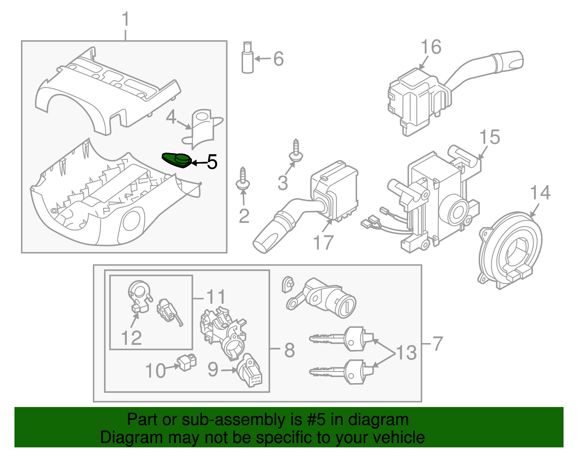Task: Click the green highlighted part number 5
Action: pos(177,160)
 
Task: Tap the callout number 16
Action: pos(431,47)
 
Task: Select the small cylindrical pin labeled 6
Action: pos(247,58)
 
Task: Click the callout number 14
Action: pos(540,193)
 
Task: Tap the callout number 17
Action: pos(323,243)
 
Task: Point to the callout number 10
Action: pos(155,371)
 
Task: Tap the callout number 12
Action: pos(131,338)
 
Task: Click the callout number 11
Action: pos(216,298)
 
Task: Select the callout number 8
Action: pos(289,350)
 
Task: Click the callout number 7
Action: pos(437,343)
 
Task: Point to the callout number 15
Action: pos(489,138)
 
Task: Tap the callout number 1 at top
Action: pos(125,19)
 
